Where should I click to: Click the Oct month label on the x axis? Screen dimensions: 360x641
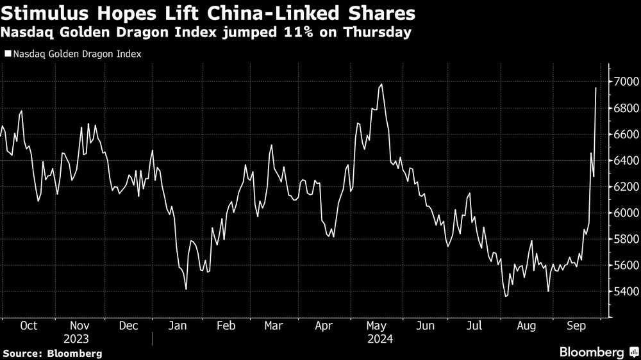click(28, 325)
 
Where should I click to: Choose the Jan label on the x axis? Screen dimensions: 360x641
click(178, 325)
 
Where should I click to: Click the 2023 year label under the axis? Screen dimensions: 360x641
click(76, 339)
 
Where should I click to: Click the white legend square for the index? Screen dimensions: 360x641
click(7, 54)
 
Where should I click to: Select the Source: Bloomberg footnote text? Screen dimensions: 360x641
click(52, 353)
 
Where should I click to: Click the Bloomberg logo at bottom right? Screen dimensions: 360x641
click(596, 352)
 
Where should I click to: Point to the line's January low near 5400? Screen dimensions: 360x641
click(186, 290)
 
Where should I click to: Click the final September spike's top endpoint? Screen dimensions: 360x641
click(596, 88)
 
